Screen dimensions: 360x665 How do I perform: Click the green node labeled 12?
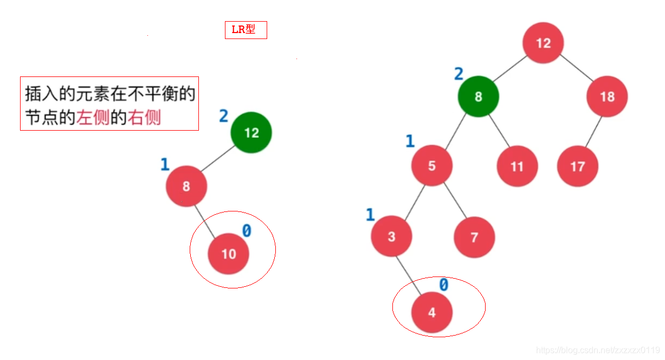[251, 133]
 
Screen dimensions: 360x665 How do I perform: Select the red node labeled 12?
[543, 43]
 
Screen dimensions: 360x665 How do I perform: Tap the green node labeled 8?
[478, 97]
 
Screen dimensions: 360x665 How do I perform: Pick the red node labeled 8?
[186, 186]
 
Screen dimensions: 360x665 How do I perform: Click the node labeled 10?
[229, 254]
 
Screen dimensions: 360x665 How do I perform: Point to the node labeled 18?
[607, 97]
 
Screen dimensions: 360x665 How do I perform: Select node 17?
[577, 166]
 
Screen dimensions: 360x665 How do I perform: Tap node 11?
[517, 166]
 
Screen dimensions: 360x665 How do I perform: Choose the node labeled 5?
[431, 165]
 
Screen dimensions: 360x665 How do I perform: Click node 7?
[474, 237]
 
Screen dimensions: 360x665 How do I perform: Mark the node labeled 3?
[391, 237]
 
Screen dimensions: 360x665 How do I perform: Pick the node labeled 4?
[431, 313]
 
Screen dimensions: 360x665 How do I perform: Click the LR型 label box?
[246, 30]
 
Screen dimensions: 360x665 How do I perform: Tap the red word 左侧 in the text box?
[93, 118]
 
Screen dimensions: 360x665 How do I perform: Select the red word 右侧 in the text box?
[144, 118]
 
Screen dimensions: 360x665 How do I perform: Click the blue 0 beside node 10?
[247, 232]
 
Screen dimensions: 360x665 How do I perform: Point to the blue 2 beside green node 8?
[459, 74]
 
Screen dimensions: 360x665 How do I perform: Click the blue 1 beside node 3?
[370, 215]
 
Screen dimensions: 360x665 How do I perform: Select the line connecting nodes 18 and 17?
[593, 131]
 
